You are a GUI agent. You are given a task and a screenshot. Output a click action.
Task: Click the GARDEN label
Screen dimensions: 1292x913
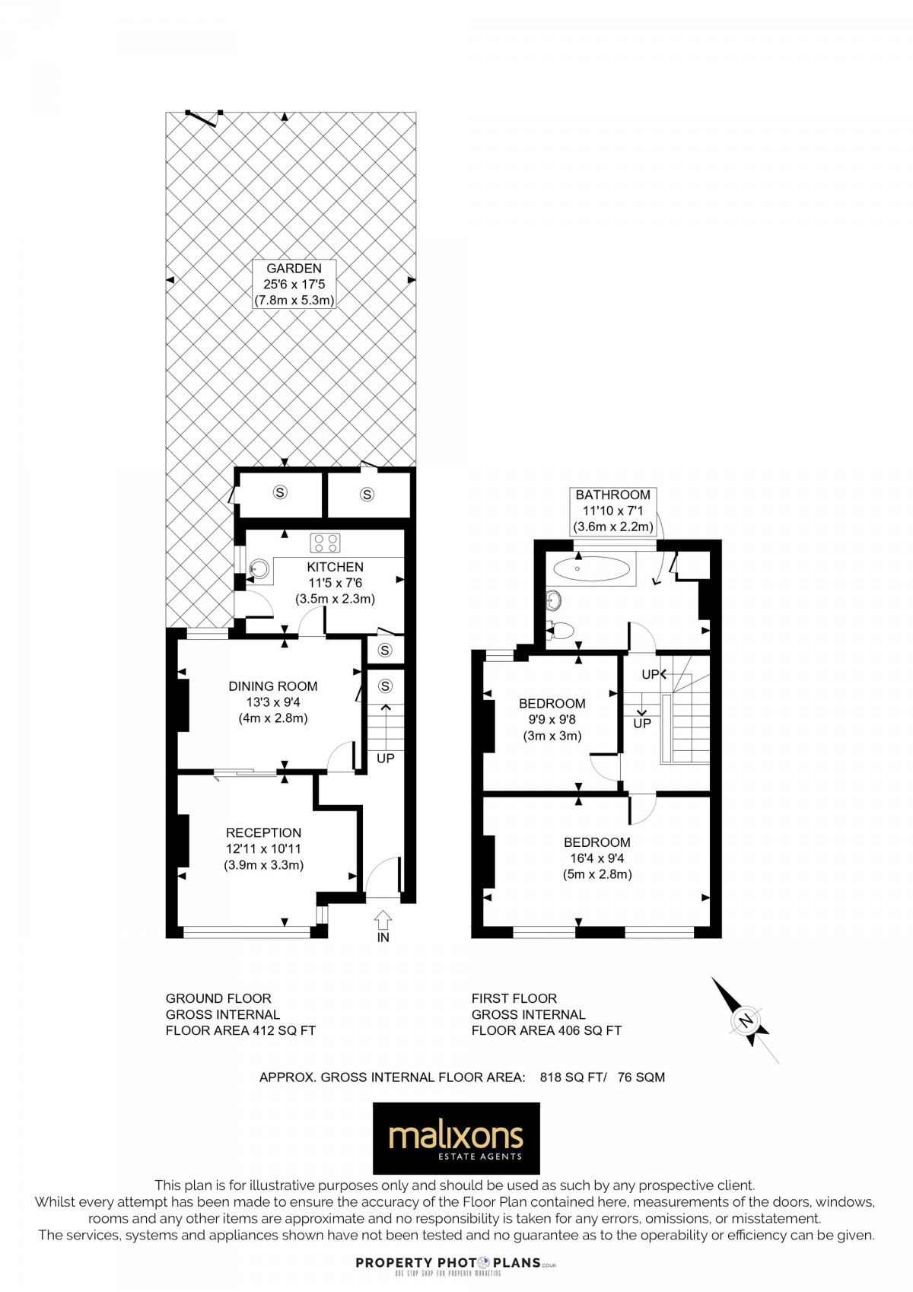coord(294,268)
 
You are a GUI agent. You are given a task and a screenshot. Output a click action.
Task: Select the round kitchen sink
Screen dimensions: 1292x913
coord(259,569)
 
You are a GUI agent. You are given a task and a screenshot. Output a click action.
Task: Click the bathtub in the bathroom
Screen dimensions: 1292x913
coord(591,569)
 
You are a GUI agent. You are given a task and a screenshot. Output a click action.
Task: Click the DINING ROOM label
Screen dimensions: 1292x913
coord(272,686)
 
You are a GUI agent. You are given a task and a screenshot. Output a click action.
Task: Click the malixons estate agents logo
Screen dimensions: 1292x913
coord(456,1138)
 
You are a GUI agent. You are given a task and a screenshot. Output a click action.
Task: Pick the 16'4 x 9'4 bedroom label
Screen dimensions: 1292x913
coord(596,858)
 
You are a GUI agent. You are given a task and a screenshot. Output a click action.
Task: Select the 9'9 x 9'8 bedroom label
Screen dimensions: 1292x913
coord(552,720)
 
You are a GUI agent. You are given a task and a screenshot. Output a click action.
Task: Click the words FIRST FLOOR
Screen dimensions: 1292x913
coord(514,998)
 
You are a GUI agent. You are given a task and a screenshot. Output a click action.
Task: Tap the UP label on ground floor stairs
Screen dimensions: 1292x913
coord(385,759)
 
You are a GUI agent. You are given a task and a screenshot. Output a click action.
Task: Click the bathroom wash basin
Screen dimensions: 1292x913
coord(554,601)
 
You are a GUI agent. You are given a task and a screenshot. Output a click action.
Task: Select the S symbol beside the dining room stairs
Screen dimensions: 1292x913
coord(385,686)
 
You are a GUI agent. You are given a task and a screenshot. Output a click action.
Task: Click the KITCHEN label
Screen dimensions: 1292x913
coord(335,567)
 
